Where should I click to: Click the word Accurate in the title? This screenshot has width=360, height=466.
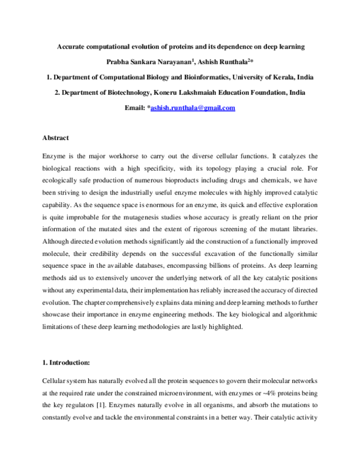(x=72, y=46)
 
